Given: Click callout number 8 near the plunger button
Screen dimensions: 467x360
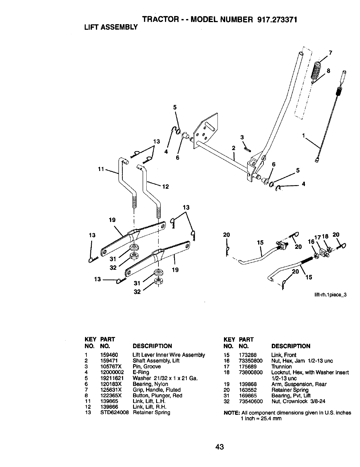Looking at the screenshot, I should click(329, 71).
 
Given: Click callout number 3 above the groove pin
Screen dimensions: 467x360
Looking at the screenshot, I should click(242, 137).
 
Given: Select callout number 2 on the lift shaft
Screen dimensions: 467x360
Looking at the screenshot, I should click(233, 148).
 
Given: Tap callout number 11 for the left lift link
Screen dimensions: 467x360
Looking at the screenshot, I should click(101, 169).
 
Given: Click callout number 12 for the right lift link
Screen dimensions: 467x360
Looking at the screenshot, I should click(166, 186).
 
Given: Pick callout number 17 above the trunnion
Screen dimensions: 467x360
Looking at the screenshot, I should click(317, 236).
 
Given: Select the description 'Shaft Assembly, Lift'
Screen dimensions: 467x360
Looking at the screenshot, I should click(156, 361).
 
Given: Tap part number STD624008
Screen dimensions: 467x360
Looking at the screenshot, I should click(114, 412).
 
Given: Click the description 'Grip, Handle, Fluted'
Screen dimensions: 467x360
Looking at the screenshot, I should click(156, 389).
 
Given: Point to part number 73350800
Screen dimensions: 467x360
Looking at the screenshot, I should click(251, 361).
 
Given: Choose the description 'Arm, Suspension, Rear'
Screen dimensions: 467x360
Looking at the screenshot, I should click(299, 384).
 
